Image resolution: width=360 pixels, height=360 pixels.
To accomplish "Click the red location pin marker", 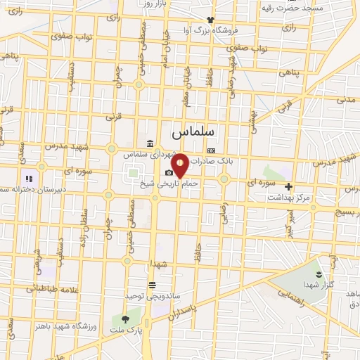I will pyautogui.click(x=180, y=165).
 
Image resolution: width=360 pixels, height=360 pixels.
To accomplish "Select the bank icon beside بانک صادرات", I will pyautogui.click(x=211, y=150).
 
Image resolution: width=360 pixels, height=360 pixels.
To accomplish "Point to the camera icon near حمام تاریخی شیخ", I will pyautogui.click(x=169, y=172).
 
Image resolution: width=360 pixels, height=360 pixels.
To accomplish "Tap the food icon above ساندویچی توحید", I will pyautogui.click(x=153, y=285).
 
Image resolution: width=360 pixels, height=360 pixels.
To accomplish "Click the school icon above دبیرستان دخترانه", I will pyautogui.click(x=29, y=179).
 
